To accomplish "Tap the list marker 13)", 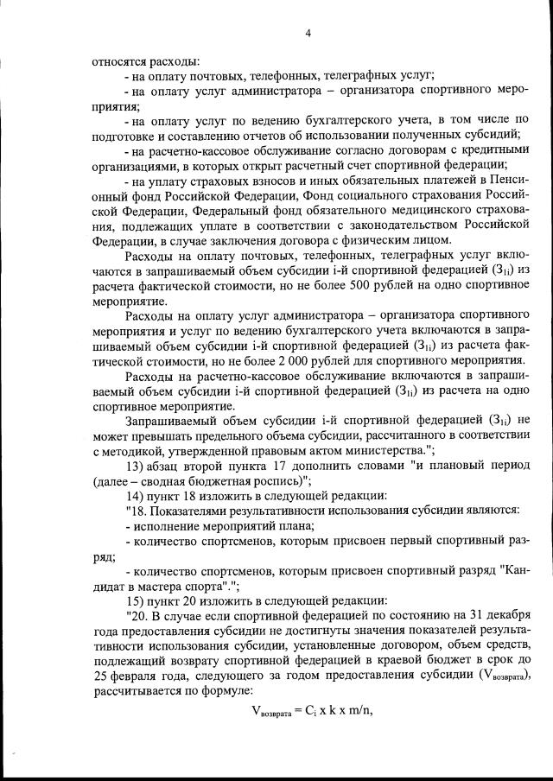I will (x=136, y=467).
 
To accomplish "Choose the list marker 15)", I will (x=136, y=600).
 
